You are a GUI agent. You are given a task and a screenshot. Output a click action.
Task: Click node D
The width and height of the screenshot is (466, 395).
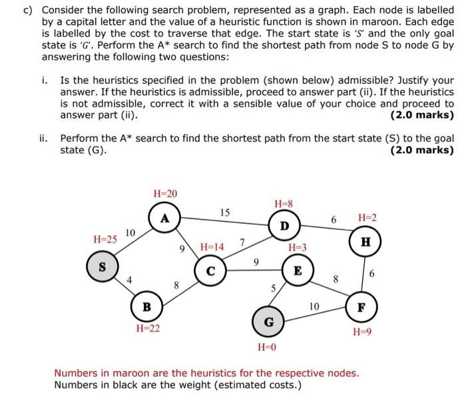point(284,225)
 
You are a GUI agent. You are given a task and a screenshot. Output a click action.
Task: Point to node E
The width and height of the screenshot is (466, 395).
point(298,271)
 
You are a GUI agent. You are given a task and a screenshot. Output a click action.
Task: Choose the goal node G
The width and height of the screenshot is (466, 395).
point(268,322)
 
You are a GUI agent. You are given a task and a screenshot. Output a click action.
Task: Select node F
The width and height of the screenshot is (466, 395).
point(361,308)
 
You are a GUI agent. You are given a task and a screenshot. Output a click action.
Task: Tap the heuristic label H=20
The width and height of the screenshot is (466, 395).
point(165,193)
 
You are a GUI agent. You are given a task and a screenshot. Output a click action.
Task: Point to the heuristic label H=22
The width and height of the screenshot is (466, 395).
point(148,328)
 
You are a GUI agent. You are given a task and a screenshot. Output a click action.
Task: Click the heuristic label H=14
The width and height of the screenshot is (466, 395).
point(212,247)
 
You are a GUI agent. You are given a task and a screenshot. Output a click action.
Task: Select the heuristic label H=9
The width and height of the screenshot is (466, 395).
point(362,332)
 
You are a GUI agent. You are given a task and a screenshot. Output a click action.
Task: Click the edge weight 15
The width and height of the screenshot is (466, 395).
point(225,212)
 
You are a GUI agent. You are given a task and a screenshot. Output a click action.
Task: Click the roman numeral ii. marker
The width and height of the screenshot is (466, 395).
point(43,139)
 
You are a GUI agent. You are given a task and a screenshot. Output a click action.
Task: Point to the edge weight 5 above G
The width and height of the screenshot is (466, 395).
point(272,288)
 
